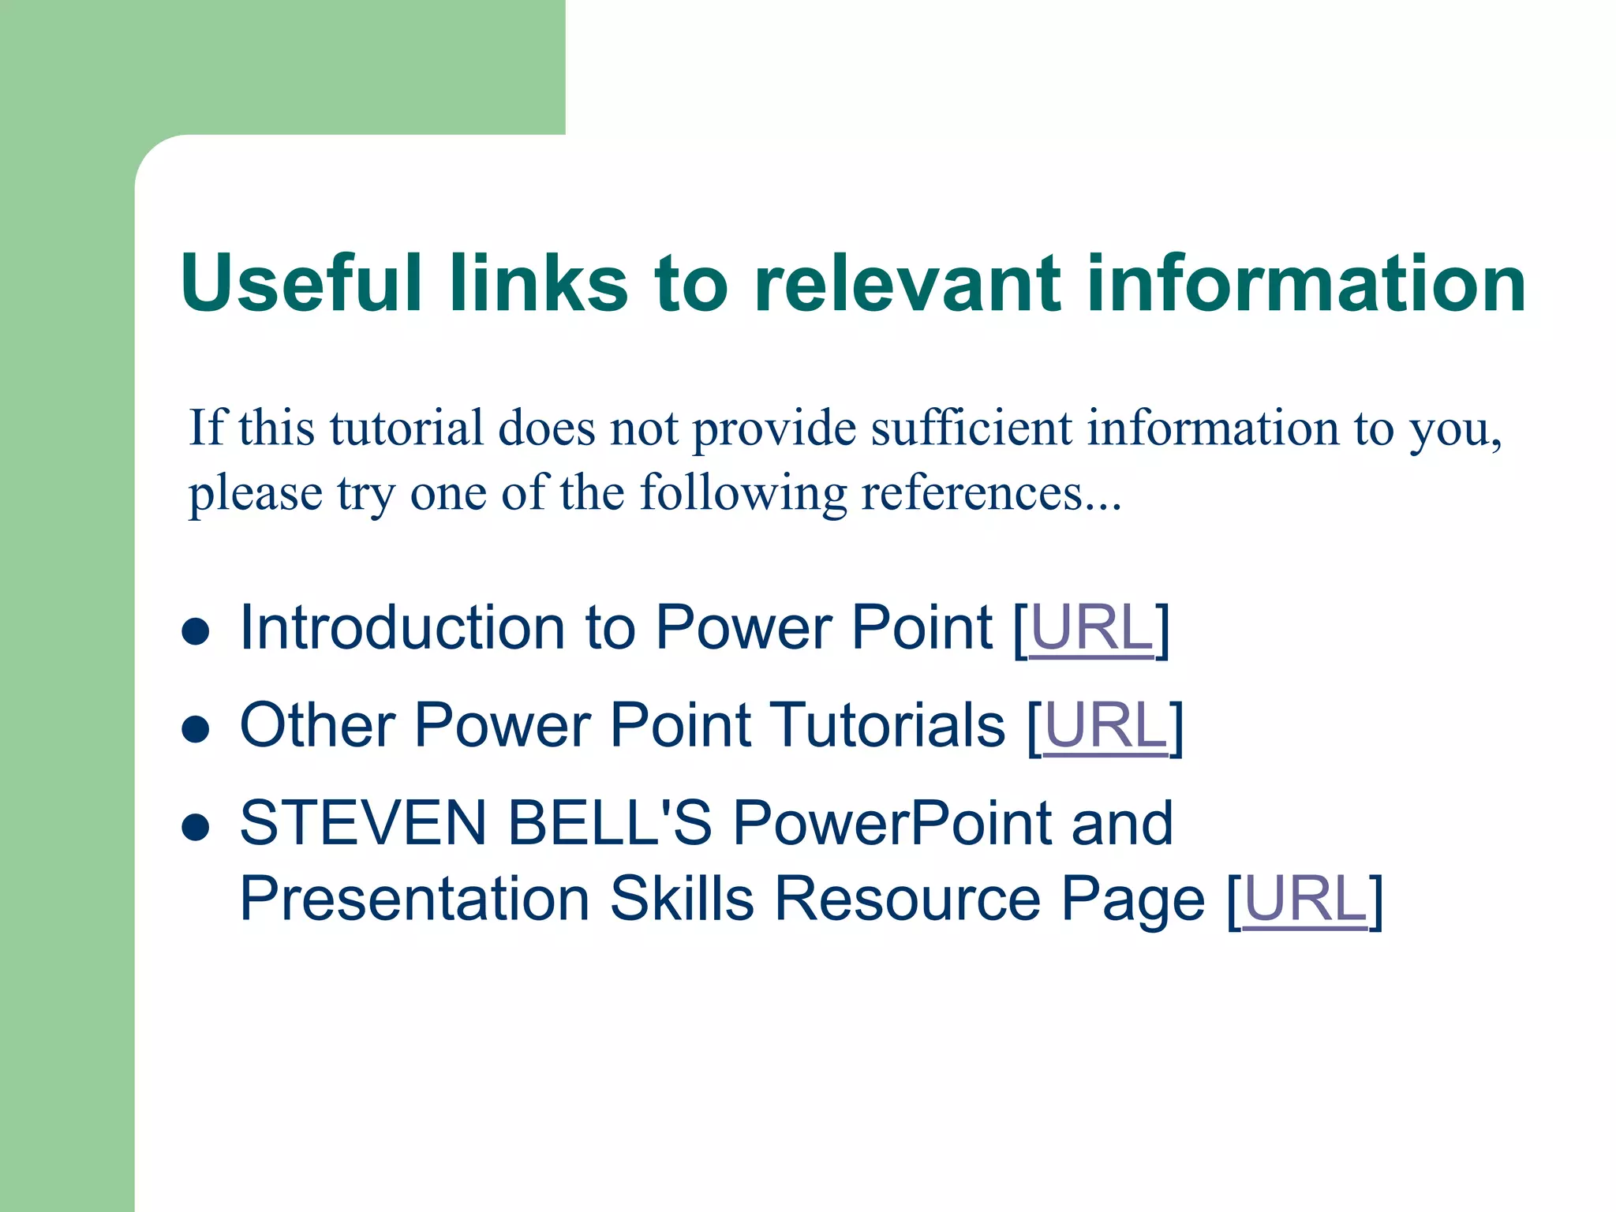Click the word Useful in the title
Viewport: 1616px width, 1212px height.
[300, 282]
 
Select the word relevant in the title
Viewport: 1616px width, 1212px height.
[907, 282]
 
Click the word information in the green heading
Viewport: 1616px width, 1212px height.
[1305, 282]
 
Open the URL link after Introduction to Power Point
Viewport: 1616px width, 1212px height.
[1091, 628]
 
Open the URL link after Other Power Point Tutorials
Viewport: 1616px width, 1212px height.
[1105, 726]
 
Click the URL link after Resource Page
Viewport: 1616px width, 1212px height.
[1305, 900]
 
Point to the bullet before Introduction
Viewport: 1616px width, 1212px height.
[195, 632]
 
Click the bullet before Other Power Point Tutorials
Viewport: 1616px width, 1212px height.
[195, 730]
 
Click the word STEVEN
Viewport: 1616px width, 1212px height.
[362, 824]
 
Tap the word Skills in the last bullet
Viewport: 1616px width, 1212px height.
[682, 900]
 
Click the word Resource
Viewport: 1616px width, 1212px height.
[907, 900]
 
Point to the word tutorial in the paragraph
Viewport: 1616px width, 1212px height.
[406, 429]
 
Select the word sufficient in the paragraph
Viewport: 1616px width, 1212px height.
[971, 429]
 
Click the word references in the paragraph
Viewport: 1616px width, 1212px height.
[971, 494]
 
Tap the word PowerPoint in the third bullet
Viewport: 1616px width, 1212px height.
[892, 824]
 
